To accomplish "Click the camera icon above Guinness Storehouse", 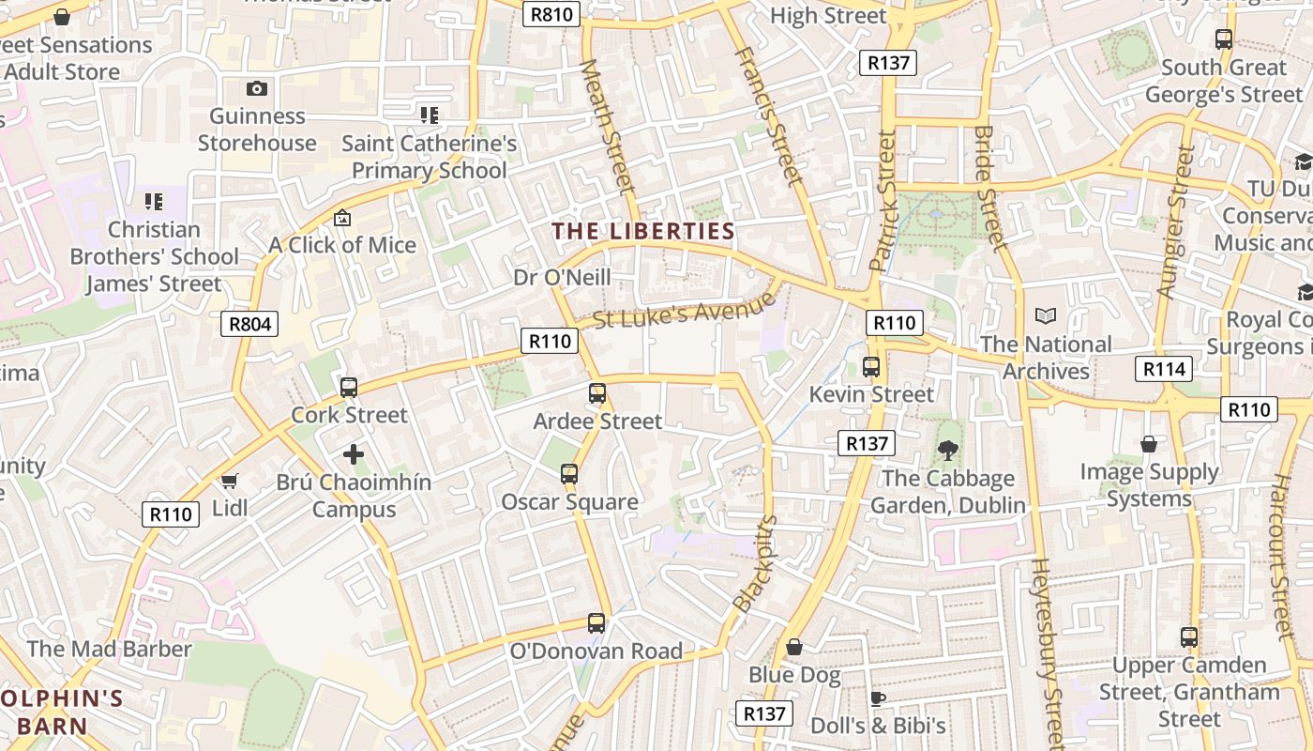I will click(257, 88).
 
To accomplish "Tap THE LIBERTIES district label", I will click(643, 231).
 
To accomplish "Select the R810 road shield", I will click(551, 14).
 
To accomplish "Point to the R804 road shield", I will click(250, 325).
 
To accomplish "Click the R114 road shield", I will click(1164, 369).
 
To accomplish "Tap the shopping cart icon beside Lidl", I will click(229, 482).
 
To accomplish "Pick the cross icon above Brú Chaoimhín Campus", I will click(354, 455).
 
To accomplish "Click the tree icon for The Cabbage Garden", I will click(947, 451).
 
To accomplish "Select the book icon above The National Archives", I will click(1045, 317).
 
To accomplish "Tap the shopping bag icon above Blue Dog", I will click(794, 647).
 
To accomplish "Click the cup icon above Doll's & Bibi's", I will click(877, 698).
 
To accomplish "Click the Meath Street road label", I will click(609, 127).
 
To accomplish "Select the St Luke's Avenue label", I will click(685, 311).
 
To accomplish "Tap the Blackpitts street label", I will click(756, 563).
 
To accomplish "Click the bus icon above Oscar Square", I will click(569, 474).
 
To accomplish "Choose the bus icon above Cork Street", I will click(349, 387).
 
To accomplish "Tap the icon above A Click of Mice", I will click(342, 218).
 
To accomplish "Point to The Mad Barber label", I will click(109, 649).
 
